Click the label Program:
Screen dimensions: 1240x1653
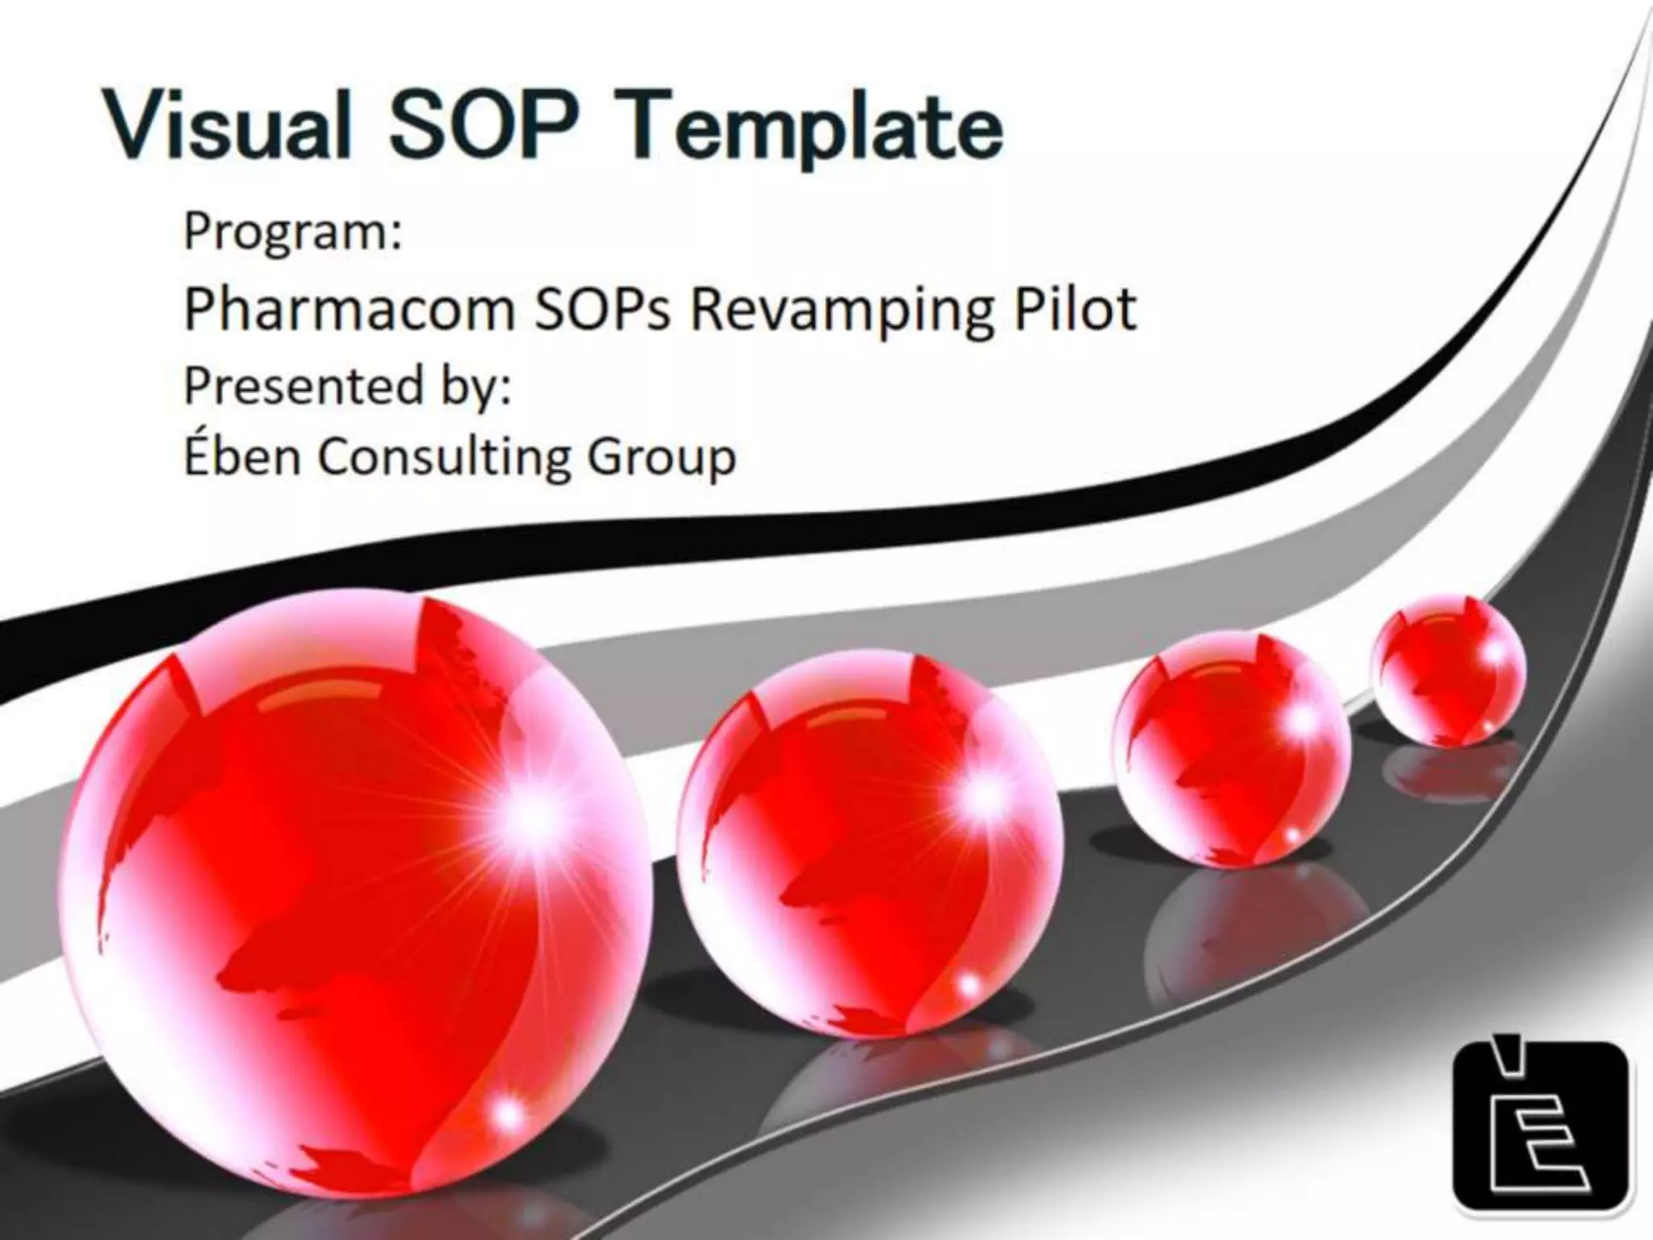pyautogui.click(x=292, y=232)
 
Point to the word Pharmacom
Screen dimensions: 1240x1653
pyautogui.click(x=349, y=309)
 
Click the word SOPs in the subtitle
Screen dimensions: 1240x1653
pyautogui.click(x=602, y=309)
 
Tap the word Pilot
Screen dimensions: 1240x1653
pyautogui.click(x=1075, y=309)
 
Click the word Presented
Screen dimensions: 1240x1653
pyautogui.click(x=303, y=386)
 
